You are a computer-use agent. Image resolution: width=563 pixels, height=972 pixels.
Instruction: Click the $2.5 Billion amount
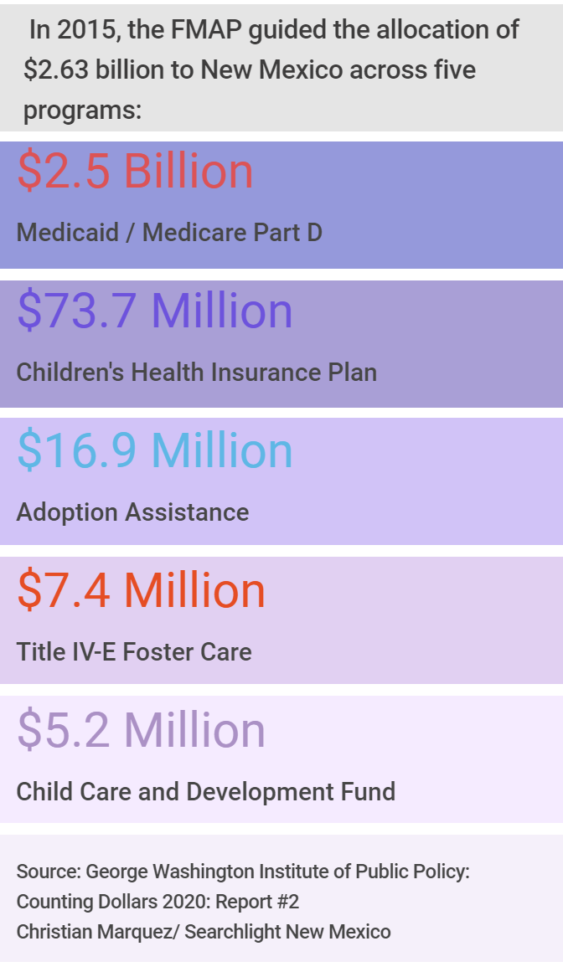[x=135, y=172]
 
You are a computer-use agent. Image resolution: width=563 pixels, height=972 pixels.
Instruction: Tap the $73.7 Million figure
[x=155, y=311]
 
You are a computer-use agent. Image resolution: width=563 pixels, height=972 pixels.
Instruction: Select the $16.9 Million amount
[x=155, y=451]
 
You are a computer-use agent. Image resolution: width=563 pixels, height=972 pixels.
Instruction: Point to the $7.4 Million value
[x=141, y=591]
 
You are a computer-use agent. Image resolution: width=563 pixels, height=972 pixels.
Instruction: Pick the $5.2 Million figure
[x=141, y=731]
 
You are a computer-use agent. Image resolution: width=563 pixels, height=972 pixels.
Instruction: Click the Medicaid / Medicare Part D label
[x=169, y=232]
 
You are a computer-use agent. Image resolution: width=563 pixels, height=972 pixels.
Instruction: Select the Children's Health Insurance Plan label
[x=197, y=372]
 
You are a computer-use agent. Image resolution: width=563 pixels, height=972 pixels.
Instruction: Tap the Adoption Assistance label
[x=132, y=512]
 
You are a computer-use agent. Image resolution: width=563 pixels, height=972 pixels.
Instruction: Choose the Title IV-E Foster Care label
[x=134, y=651]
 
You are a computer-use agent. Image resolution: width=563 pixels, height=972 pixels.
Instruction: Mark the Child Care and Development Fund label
[x=206, y=791]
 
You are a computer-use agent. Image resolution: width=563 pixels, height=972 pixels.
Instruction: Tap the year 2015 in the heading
[x=89, y=31]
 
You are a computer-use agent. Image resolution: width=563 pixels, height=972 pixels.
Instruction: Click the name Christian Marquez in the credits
[x=92, y=931]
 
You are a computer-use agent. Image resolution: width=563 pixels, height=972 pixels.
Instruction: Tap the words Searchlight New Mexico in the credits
[x=287, y=931]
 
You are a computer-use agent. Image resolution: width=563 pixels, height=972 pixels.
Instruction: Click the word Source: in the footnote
[x=46, y=872]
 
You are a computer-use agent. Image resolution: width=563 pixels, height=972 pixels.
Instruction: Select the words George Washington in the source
[x=158, y=872]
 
